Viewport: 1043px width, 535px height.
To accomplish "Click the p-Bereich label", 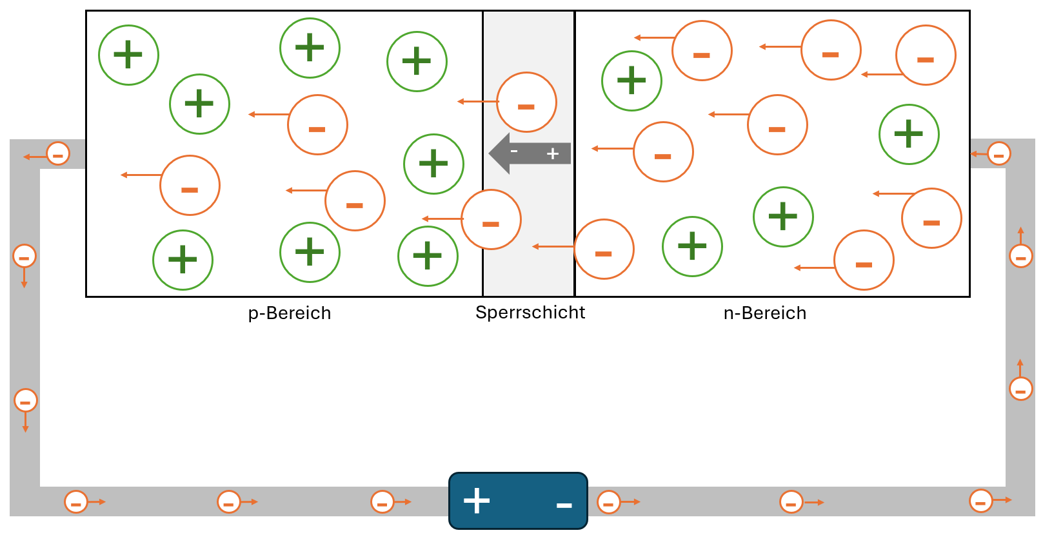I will tap(290, 313).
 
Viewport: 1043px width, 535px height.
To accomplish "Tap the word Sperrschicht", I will tap(530, 313).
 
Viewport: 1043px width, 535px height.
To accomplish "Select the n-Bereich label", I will tap(765, 313).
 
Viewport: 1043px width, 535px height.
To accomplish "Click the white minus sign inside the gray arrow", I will tap(514, 151).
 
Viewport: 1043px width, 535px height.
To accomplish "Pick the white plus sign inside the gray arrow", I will tap(553, 153).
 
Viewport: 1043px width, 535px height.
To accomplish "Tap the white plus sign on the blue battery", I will tap(477, 501).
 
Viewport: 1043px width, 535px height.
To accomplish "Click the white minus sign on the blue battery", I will tap(564, 505).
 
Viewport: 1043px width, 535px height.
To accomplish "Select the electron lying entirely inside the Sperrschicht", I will tap(526, 102).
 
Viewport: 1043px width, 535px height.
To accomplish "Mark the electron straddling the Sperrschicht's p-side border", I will tap(491, 219).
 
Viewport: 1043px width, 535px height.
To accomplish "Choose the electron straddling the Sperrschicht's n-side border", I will tap(604, 249).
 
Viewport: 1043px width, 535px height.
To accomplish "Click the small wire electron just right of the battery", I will tap(608, 501).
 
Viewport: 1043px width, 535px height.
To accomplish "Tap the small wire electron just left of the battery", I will tap(382, 501).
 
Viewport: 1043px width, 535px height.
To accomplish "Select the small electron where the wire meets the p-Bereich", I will tap(58, 154).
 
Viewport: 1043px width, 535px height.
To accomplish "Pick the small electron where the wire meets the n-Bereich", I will tap(998, 153).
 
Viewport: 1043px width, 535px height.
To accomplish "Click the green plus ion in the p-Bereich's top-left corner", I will tap(128, 55).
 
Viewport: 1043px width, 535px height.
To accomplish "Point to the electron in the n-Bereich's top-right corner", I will tap(926, 55).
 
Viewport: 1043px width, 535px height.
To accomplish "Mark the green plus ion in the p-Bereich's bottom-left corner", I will tap(183, 260).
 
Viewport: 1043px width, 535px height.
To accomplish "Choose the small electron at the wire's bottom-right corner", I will tap(980, 501).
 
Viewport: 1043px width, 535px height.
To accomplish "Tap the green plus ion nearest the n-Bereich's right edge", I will tap(909, 134).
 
